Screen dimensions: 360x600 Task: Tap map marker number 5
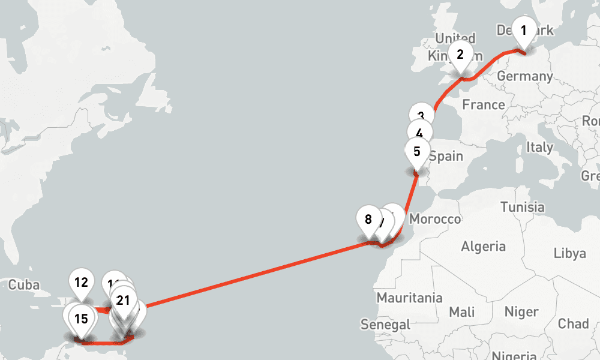point(417,152)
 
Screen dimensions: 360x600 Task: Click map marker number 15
point(82,319)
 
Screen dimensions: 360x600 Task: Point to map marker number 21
point(124,301)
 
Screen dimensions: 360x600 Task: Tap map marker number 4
point(419,134)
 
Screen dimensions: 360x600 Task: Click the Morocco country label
point(435,220)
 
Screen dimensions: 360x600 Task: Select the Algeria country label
point(483,246)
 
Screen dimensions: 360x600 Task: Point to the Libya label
point(570,253)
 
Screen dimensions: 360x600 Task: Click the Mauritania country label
point(409,298)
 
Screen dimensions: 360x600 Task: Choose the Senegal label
point(385,325)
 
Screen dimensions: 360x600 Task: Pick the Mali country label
point(461,312)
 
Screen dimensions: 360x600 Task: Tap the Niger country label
point(521,312)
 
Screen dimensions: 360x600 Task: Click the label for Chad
point(573,324)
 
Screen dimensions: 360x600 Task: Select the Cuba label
point(25,284)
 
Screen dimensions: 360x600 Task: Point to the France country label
point(484,105)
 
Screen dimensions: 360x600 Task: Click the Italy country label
point(539,147)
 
